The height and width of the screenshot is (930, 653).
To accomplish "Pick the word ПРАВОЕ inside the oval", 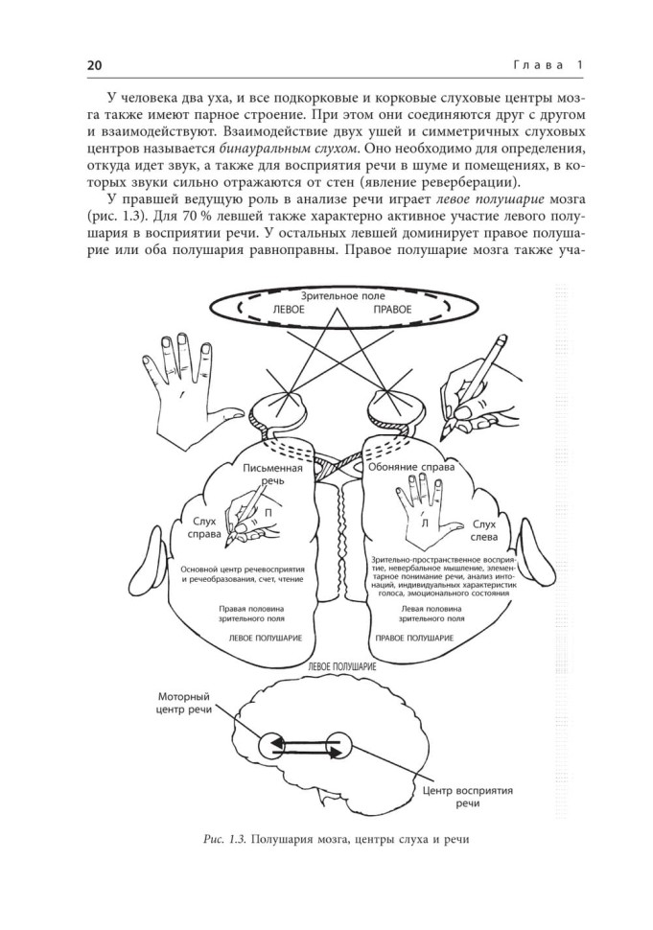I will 392,312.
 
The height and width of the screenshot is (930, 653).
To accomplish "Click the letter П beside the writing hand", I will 271,513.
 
